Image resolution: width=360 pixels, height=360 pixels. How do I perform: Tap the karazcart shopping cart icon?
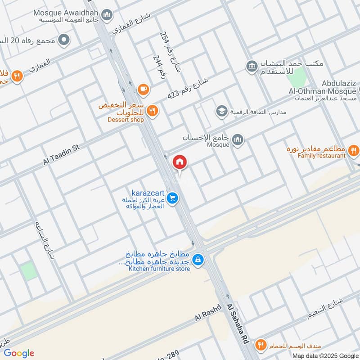coord(172,198)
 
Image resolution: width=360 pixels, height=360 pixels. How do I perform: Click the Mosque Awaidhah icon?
coord(107,16)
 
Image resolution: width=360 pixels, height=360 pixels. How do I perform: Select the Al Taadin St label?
coord(61,154)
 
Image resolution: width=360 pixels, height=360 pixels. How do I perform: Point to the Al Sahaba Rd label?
coord(238,324)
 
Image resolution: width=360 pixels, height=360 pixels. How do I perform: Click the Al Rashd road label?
coord(208,312)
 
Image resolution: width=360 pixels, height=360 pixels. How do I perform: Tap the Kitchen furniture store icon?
coord(198,260)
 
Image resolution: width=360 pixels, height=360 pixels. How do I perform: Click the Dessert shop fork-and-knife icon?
coord(153,110)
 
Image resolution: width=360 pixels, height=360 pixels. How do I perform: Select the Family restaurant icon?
coord(354,150)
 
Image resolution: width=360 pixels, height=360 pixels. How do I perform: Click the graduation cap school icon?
coord(221,110)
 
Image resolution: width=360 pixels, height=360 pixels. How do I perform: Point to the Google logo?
coord(19,353)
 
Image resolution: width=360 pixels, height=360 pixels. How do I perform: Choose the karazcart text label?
coord(147,192)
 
